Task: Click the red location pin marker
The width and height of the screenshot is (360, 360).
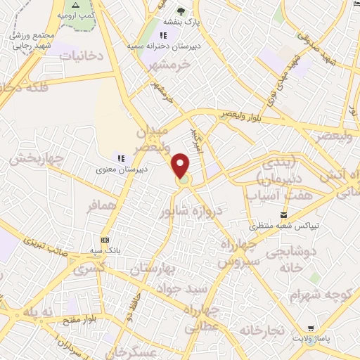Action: point(181,166)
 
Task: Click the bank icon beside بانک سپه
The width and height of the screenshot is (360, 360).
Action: point(105,240)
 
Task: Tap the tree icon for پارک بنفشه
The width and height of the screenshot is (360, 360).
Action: point(181,11)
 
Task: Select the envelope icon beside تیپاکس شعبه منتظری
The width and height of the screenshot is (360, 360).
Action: point(283,214)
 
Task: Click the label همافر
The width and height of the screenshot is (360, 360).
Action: point(101,207)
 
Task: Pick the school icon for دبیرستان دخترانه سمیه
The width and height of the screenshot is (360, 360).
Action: point(163,35)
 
